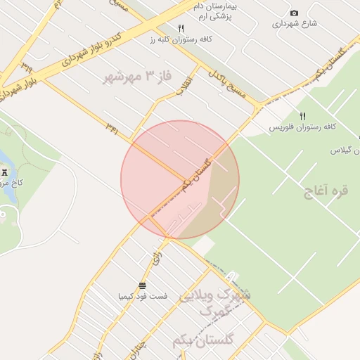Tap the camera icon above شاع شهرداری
[x=294, y=13]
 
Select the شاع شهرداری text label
[x=295, y=24]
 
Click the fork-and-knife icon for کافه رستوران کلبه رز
[x=181, y=28]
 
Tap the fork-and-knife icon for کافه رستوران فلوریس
[x=303, y=116]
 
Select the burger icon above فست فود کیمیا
[x=142, y=285]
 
